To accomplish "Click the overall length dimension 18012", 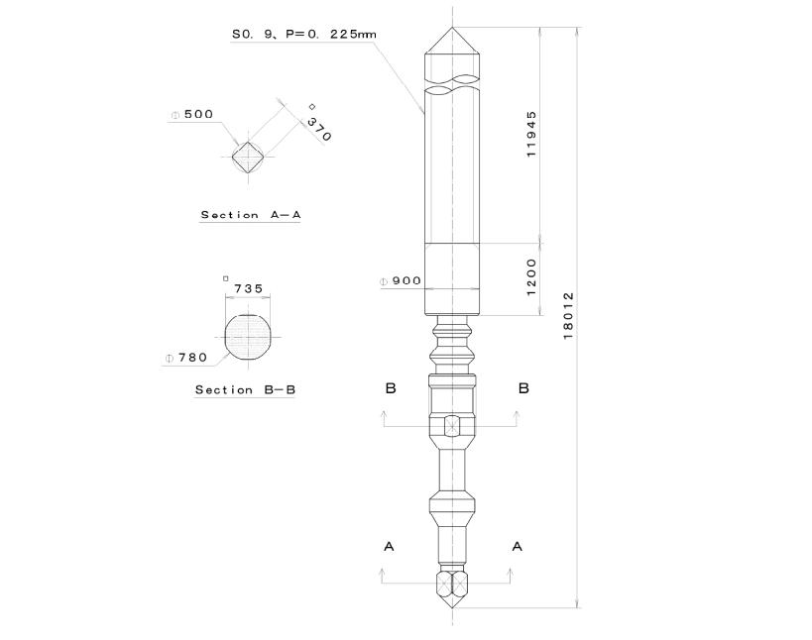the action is click(569, 316).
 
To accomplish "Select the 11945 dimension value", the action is click(531, 135).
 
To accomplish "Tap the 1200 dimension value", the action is click(531, 277).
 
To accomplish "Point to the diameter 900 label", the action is click(401, 281).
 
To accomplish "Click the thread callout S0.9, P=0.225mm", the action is click(304, 34).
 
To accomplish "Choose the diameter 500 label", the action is click(192, 114).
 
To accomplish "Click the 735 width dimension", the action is click(249, 288).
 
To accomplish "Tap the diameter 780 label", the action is click(186, 358).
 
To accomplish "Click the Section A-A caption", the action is click(251, 215).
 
